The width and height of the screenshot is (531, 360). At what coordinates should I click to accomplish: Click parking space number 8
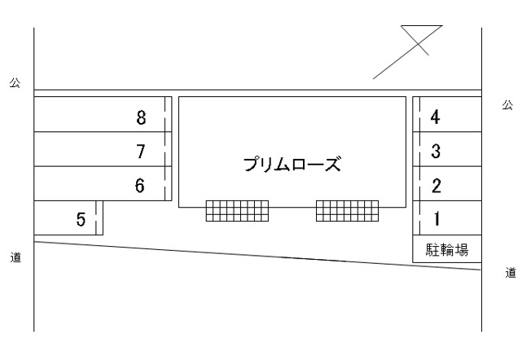(x=141, y=117)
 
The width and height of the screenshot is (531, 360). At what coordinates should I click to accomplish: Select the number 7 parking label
(x=141, y=151)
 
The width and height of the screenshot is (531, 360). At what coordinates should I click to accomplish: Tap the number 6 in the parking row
(x=140, y=186)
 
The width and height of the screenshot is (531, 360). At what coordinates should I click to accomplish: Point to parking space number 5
(x=81, y=219)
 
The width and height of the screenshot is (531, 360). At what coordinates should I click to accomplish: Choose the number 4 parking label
(x=436, y=116)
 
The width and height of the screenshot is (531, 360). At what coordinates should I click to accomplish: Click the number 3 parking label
(x=436, y=151)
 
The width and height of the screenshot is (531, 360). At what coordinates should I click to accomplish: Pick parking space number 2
(x=437, y=186)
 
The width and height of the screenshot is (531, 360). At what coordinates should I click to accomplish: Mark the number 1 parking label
(x=437, y=218)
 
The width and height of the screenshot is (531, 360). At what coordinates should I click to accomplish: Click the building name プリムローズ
(x=292, y=164)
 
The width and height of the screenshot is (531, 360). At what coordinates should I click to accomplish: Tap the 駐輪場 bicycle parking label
(x=447, y=249)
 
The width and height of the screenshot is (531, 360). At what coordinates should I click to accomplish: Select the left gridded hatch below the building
(x=237, y=211)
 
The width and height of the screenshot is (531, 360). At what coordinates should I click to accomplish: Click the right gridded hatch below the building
(x=348, y=211)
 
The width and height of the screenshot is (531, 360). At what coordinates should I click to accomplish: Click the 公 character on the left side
(x=15, y=82)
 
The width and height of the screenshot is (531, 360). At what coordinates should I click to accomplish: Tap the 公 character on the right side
(x=507, y=105)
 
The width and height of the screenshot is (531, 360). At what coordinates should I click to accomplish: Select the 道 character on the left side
(x=15, y=257)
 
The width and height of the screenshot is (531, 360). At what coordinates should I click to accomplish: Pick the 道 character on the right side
(x=511, y=273)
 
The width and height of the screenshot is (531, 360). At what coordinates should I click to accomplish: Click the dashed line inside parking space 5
(x=96, y=217)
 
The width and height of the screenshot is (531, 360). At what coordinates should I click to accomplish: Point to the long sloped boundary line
(x=257, y=256)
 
